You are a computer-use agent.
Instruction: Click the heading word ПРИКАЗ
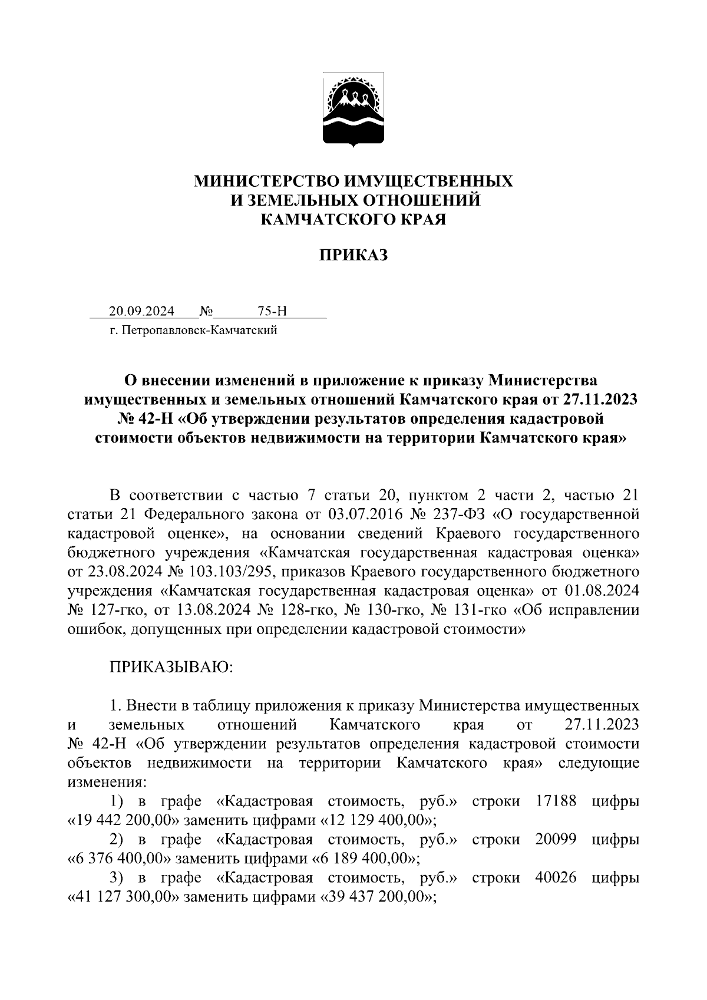click(x=353, y=255)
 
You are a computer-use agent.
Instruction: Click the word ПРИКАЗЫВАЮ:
click(x=171, y=667)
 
